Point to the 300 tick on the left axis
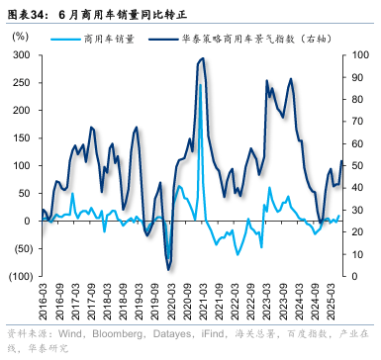tap(19, 55)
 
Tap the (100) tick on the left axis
tap(17, 275)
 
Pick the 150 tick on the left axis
tap(19, 137)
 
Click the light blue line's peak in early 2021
tap(200, 85)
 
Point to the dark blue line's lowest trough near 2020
tap(168, 269)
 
